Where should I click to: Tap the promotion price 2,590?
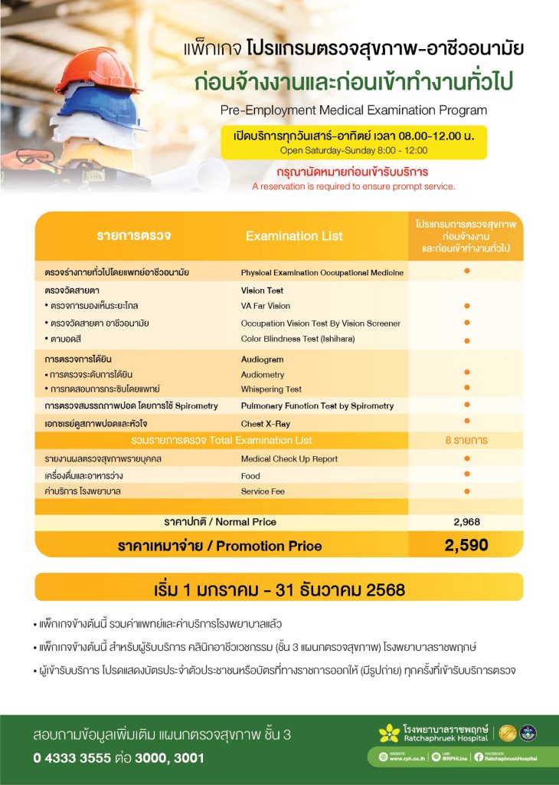[x=466, y=545]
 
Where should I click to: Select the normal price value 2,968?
[x=466, y=521]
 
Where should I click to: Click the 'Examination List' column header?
[x=294, y=236]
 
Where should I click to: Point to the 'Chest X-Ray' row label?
[x=265, y=423]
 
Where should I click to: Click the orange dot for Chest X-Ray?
[x=466, y=422]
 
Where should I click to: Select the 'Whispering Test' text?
[x=271, y=389]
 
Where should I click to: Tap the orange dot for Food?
[x=466, y=475]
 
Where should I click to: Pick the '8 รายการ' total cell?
[x=466, y=441]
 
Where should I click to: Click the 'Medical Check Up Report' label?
[x=289, y=459]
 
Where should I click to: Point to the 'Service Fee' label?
[x=263, y=491]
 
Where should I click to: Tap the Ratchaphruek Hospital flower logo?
[x=389, y=734]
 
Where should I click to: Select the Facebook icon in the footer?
[x=479, y=757]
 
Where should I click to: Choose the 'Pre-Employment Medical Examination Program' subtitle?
[x=353, y=110]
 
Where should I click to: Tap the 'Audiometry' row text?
[x=262, y=375]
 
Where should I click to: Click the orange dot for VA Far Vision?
[x=466, y=307]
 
